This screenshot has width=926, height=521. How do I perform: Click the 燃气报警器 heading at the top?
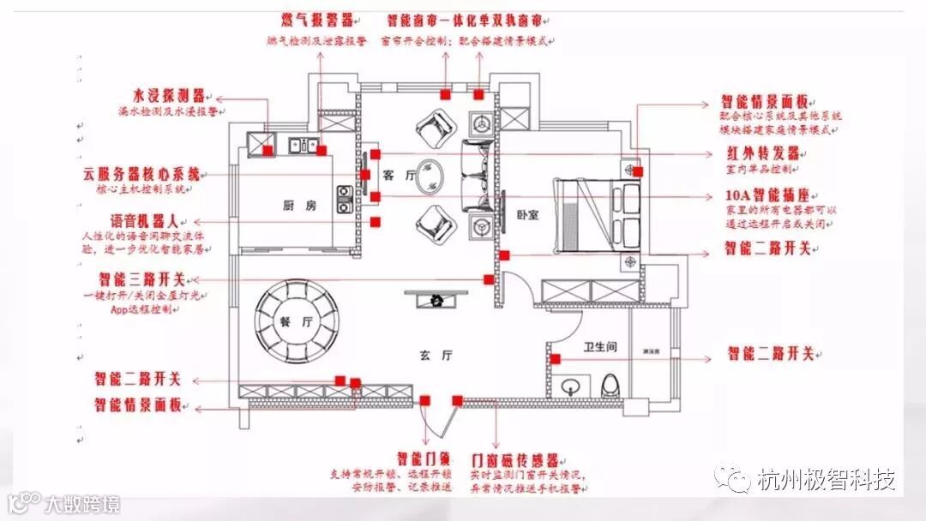pos(317,20)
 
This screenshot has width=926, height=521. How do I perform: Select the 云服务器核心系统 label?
pos(147,173)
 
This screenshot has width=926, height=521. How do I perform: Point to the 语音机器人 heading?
pos(143,220)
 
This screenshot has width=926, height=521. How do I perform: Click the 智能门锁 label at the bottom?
pos(420,458)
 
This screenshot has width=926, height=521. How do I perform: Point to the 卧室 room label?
pos(528,215)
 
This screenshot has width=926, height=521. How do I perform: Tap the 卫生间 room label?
pos(600,347)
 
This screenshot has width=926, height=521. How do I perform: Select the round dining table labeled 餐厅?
pos(296,322)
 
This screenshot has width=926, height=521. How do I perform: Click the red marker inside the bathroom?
pos(556,359)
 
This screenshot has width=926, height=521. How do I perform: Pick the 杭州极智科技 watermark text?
pos(826,480)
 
